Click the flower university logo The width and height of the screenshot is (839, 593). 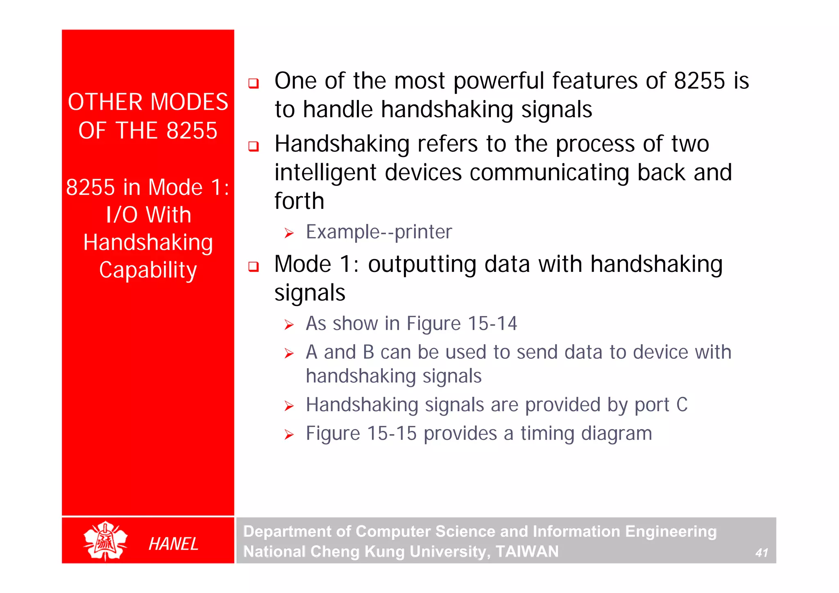pos(105,540)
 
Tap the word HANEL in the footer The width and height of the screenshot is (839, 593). pos(173,544)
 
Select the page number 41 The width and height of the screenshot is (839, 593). pos(762,553)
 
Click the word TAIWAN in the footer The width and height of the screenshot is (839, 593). pos(527,551)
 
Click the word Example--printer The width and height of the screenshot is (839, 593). pos(379,232)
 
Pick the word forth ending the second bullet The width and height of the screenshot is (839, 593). pos(299,201)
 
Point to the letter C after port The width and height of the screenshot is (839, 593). pos(682,405)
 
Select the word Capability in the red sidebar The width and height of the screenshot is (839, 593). pos(148,270)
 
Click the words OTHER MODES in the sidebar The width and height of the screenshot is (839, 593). pos(148,102)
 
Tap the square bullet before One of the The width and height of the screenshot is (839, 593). pos(254,84)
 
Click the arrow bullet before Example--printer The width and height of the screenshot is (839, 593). pos(289,233)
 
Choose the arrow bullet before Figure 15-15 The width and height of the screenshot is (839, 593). pos(289,435)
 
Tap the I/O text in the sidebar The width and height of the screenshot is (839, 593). pos(122,215)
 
